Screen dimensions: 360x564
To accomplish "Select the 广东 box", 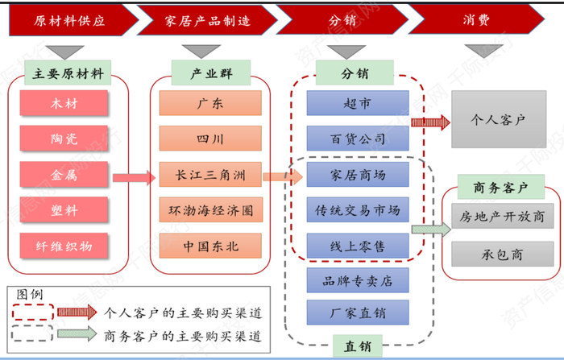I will pyautogui.click(x=210, y=103).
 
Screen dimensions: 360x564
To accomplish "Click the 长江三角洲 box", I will pyautogui.click(x=210, y=174).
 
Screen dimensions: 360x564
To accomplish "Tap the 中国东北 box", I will pyautogui.click(x=210, y=245).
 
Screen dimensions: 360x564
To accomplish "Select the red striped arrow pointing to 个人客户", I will pyautogui.click(x=430, y=122).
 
